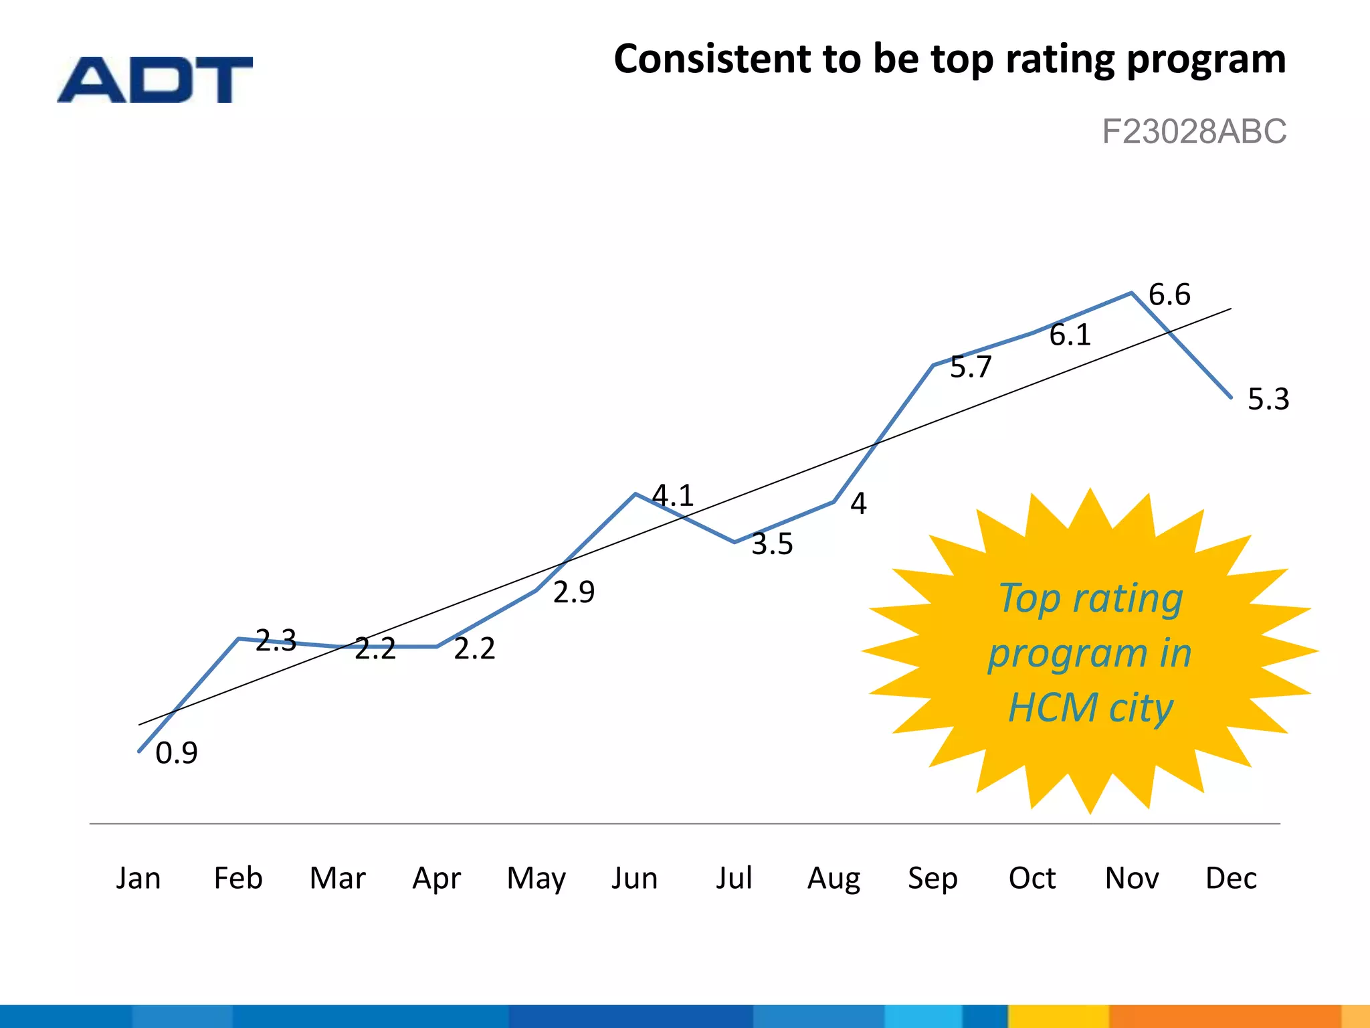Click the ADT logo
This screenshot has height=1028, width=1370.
155,80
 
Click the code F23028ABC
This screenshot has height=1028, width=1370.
1193,131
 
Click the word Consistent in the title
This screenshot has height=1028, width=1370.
712,59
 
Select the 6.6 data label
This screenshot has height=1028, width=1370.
1169,295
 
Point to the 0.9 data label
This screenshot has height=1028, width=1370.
177,754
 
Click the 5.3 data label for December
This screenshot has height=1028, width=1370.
1268,400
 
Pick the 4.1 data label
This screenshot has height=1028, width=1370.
673,496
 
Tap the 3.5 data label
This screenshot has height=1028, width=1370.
772,544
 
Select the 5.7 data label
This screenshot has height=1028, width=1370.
971,367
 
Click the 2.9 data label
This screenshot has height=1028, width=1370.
574,592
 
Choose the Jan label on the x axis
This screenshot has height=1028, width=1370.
138,878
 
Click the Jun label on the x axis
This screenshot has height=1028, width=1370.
635,878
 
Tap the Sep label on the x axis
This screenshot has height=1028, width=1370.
933,878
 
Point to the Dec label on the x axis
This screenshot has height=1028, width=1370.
1231,878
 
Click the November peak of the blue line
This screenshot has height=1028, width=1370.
1132,292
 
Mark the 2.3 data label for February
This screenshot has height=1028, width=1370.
276,640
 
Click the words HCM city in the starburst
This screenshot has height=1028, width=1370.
1090,708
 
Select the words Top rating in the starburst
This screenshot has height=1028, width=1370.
1090,598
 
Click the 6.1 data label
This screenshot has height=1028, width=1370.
1070,335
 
